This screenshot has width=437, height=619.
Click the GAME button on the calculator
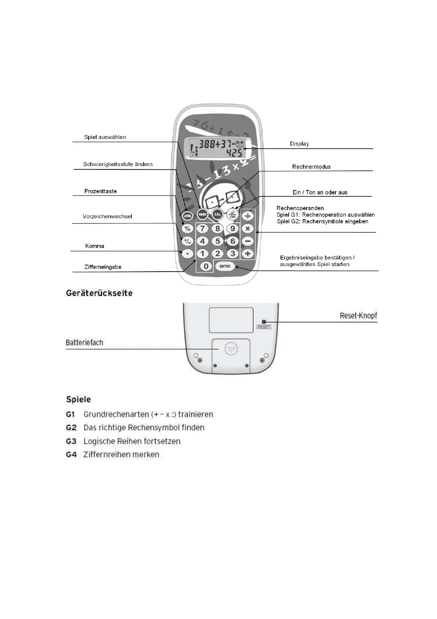click(x=203, y=214)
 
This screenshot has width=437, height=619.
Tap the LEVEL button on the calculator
click(x=188, y=216)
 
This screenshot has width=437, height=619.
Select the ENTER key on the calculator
click(x=225, y=266)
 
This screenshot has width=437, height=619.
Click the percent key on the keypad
click(x=188, y=229)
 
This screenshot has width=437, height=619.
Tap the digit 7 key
click(x=202, y=229)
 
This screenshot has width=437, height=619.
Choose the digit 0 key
click(x=206, y=266)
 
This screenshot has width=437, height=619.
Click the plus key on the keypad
click(x=248, y=254)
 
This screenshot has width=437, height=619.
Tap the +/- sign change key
click(x=188, y=241)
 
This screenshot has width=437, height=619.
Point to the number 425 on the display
click(x=234, y=153)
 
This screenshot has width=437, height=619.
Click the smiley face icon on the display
click(x=240, y=143)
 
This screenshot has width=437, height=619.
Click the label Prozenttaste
click(x=101, y=191)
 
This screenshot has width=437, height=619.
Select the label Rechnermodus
click(x=311, y=167)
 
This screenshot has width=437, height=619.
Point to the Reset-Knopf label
click(x=358, y=316)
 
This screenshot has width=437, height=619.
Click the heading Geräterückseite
click(x=99, y=293)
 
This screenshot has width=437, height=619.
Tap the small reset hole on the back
click(x=264, y=322)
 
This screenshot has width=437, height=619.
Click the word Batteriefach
click(x=84, y=343)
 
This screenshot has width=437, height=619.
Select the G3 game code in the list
click(x=71, y=441)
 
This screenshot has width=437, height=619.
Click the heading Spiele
click(x=78, y=400)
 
